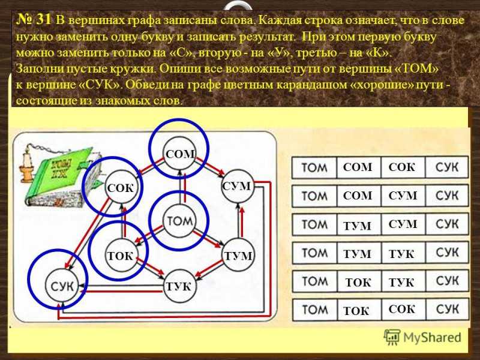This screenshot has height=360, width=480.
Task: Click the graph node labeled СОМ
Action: click(x=179, y=154)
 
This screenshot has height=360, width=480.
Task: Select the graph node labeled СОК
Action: click(x=121, y=188)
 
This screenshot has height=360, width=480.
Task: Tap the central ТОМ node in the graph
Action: click(x=179, y=220)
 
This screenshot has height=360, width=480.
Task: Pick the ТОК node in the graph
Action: click(x=121, y=256)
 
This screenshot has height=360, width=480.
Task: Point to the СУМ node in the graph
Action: click(x=238, y=186)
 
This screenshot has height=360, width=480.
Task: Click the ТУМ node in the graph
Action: click(x=238, y=256)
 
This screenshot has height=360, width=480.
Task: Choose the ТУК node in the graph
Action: click(x=179, y=286)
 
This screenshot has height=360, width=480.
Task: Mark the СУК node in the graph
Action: click(x=62, y=286)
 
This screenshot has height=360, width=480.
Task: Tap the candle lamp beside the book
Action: click(x=27, y=163)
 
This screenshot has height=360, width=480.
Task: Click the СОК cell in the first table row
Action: click(x=403, y=167)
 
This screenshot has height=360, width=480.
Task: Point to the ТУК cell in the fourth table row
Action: click(x=403, y=253)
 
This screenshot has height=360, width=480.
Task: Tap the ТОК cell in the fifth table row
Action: click(x=359, y=281)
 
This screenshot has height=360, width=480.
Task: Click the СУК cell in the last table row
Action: click(x=447, y=310)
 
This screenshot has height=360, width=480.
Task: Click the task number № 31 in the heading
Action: click(x=34, y=20)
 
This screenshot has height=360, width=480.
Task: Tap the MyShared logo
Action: click(x=422, y=337)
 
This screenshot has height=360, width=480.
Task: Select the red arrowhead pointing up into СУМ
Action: click(x=242, y=212)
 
